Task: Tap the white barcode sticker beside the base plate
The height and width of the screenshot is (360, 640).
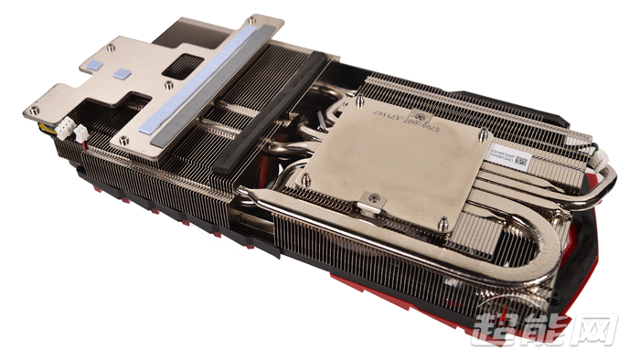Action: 505,155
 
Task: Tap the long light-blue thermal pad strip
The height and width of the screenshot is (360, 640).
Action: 216,78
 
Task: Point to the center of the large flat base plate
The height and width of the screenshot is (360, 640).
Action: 402,164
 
